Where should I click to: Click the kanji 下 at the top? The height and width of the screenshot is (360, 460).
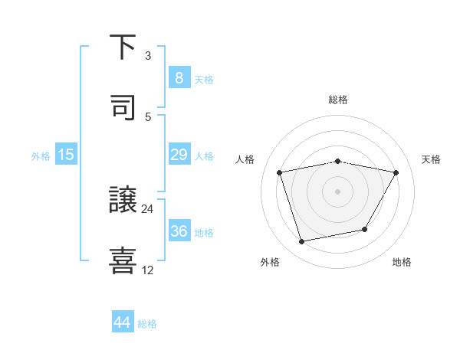coord(123,47)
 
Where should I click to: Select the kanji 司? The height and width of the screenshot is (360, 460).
coord(123,108)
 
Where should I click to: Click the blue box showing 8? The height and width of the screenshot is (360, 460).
coord(179,78)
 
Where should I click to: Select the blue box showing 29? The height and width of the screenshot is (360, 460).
coord(179,155)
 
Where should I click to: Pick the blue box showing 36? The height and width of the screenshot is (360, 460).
coord(179,231)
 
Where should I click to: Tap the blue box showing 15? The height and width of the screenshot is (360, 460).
coord(66,155)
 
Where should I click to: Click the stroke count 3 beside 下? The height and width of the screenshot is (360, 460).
coord(148,56)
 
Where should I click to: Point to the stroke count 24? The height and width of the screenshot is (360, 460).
coord(148,208)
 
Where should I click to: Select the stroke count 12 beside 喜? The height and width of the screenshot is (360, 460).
coord(148,270)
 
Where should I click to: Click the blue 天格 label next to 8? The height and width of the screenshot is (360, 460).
coord(204,79)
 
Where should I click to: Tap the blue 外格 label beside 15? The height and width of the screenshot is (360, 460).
coord(41,155)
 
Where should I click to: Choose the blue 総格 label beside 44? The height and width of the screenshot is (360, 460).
coord(147,323)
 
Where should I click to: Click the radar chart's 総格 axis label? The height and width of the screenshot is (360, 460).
coord(338,100)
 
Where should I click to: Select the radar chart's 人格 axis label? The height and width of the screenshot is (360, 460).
coord(246,159)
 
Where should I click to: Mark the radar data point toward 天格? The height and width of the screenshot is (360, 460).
coord(396,173)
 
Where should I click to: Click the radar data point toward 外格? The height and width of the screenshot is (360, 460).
coord(302,242)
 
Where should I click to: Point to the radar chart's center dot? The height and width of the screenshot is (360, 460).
coord(338,191)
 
